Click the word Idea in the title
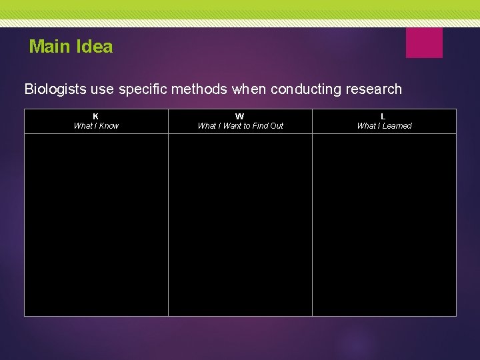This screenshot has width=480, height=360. pos(95,47)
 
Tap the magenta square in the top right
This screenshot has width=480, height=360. pos(424,43)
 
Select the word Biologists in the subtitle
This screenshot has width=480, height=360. pos(54,89)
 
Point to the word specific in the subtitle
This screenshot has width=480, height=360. pos(143,89)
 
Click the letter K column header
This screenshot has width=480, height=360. pos(96,116)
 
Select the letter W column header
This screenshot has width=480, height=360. pos(240,116)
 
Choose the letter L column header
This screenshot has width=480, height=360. pos(383,116)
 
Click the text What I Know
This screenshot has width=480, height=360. pos(96,126)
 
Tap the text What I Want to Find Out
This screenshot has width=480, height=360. pos(240,126)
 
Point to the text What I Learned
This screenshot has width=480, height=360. pos(384,126)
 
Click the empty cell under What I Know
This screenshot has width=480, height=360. pos(96,225)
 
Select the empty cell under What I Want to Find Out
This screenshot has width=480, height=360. pos(240,225)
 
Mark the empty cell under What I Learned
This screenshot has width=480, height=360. pos(384,225)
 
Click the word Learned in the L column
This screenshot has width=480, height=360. pos(397,126)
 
